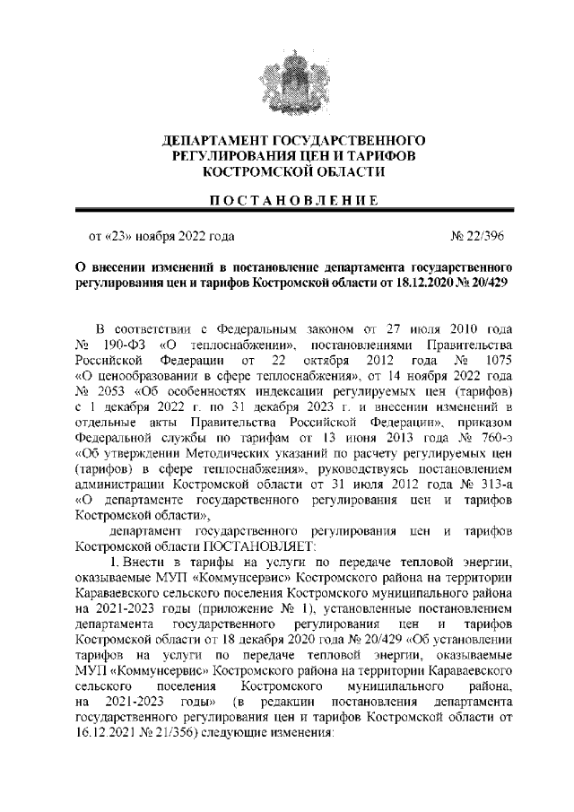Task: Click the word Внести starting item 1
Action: [x=143, y=559]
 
